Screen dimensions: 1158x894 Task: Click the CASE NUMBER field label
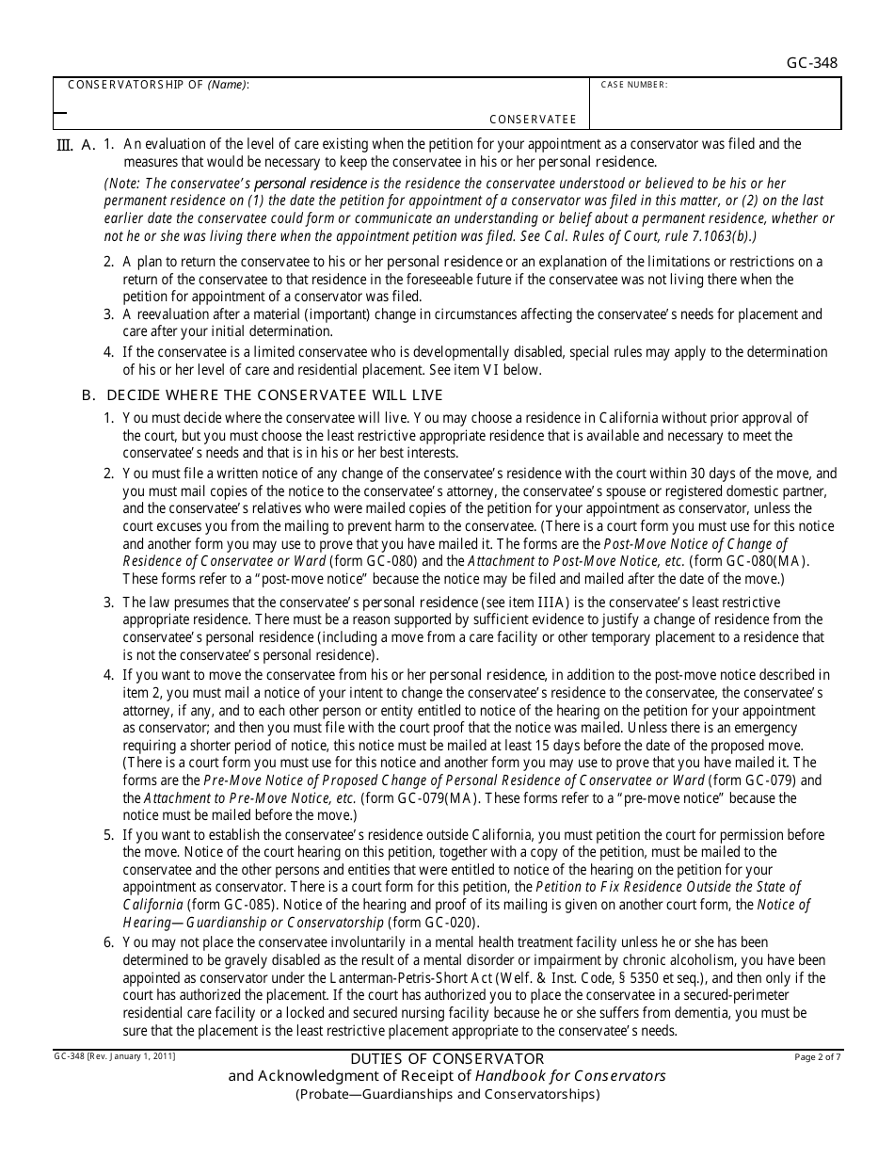pos(634,85)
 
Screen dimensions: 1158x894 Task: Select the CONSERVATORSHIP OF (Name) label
pos(158,85)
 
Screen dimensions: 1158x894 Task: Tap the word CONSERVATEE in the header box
pos(533,120)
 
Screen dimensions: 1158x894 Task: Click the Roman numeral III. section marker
pos(65,145)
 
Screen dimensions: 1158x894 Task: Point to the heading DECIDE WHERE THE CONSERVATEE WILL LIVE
pos(275,395)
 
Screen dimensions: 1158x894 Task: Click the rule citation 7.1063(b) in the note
pos(718,236)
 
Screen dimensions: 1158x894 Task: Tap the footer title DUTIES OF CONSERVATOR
pos(446,1059)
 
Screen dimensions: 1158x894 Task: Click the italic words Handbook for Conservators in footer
pos(570,1076)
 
